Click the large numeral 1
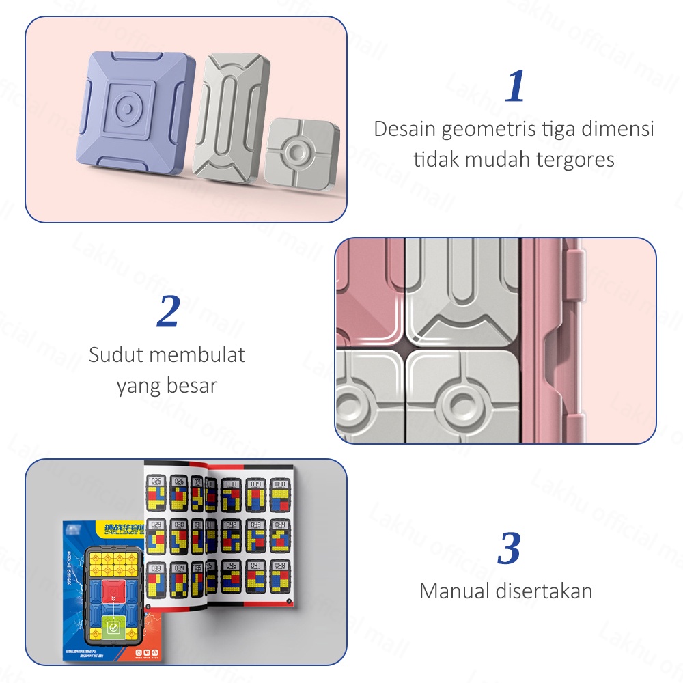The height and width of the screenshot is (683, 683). pos(516,86)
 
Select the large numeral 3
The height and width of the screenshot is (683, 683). pos(510,548)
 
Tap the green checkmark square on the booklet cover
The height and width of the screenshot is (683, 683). pos(113,626)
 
